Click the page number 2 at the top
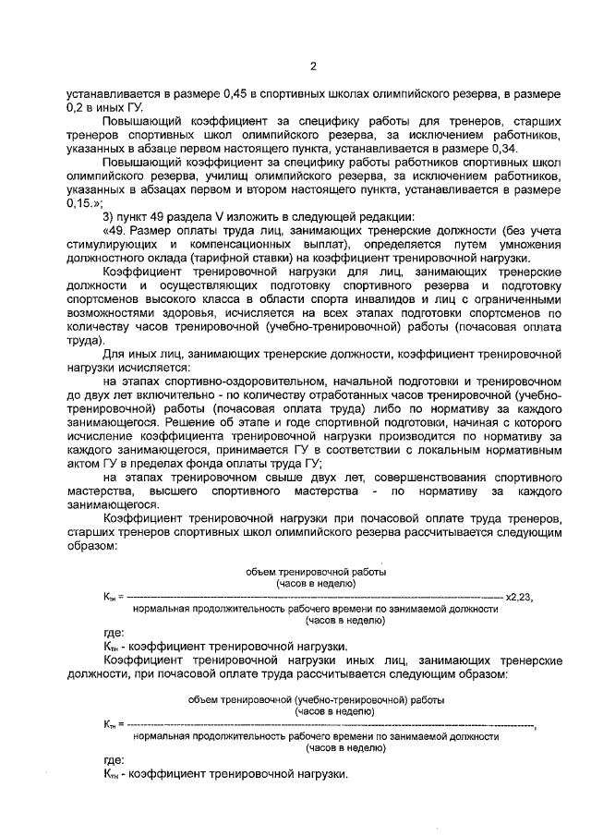pos(313,66)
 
